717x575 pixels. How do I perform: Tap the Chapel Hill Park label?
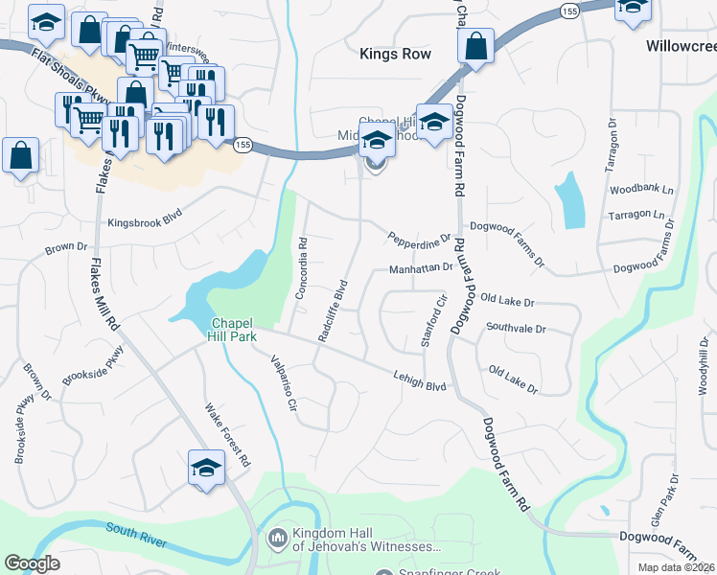click(x=231, y=329)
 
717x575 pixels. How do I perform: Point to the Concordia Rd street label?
click(x=300, y=268)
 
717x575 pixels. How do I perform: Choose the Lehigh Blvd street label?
click(x=420, y=379)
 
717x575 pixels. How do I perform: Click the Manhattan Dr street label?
click(x=420, y=269)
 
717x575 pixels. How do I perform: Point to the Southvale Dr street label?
click(x=515, y=328)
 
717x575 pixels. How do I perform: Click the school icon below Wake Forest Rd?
click(x=206, y=468)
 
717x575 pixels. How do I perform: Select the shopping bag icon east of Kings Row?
click(x=475, y=46)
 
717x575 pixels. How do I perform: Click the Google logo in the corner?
click(x=32, y=563)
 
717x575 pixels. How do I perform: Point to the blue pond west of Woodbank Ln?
click(x=570, y=200)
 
